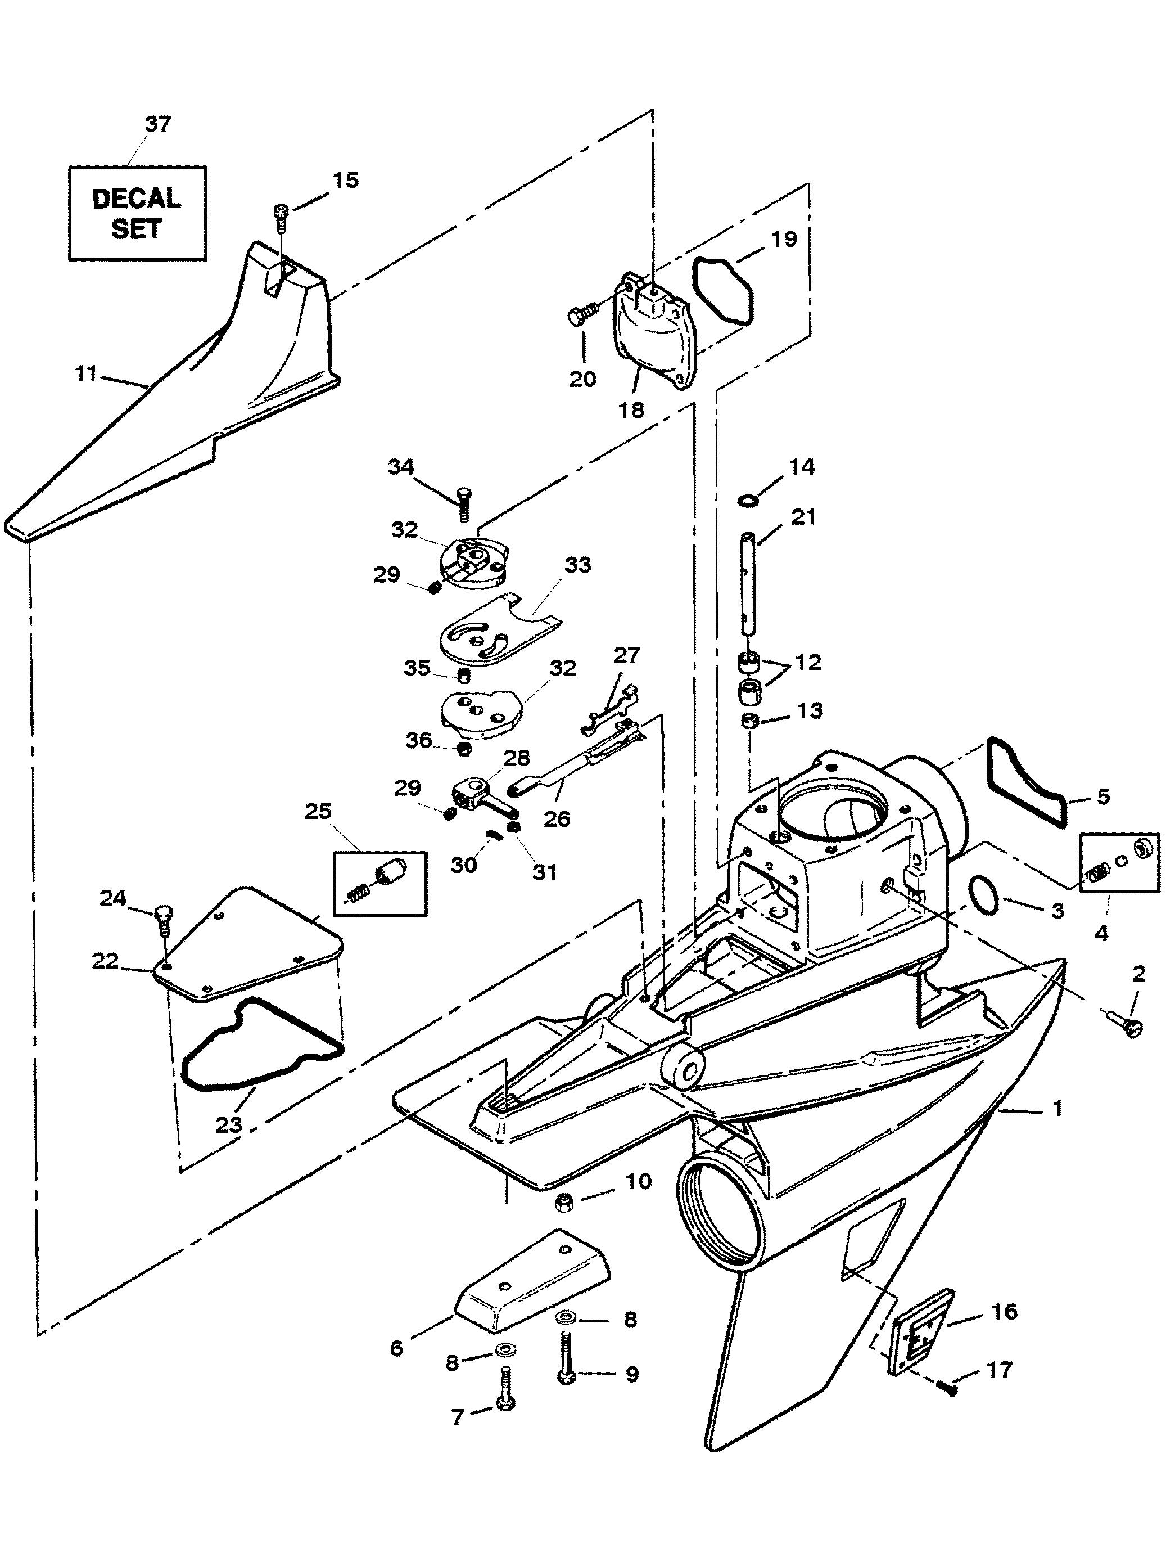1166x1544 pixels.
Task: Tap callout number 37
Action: tap(158, 124)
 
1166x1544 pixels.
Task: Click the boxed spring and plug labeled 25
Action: tap(380, 883)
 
